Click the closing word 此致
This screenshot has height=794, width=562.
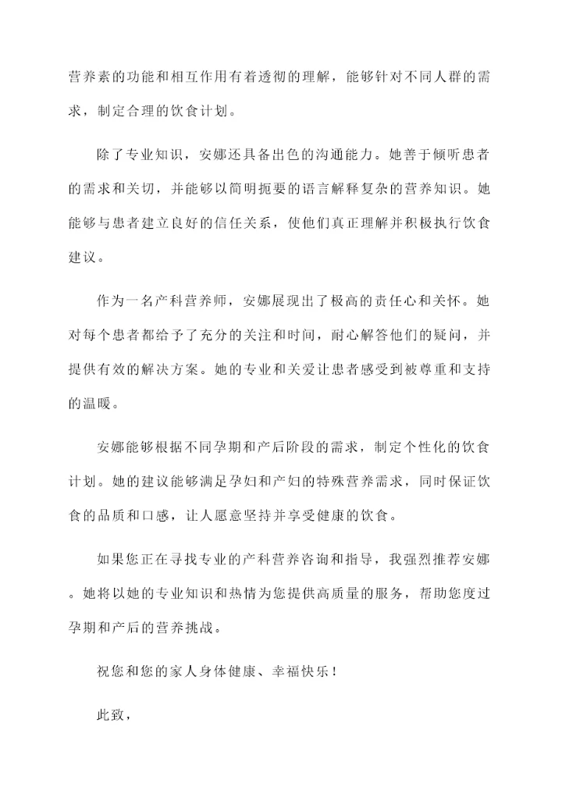[112, 714]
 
